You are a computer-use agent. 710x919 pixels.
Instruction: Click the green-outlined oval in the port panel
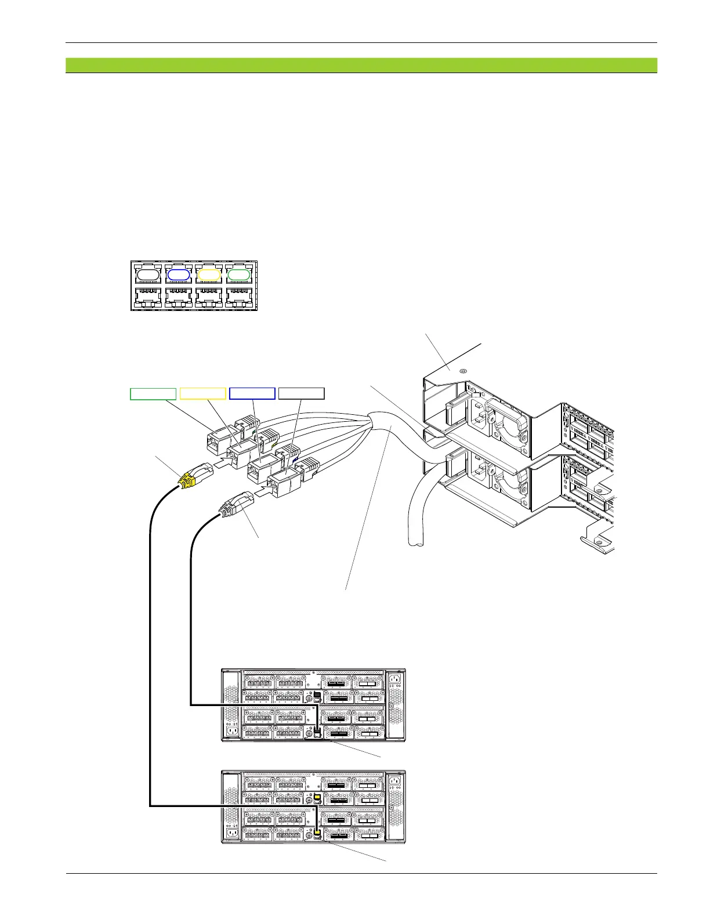click(238, 274)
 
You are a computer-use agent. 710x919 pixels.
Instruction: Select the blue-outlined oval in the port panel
click(179, 274)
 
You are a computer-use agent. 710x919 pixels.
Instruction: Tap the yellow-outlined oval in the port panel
click(209, 274)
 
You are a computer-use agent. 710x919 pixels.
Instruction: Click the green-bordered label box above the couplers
click(153, 394)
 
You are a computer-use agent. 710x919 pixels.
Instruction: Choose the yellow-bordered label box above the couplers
click(202, 394)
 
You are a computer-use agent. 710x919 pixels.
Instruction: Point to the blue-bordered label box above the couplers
click(252, 394)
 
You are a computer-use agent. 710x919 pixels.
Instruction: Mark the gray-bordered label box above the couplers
click(302, 394)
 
